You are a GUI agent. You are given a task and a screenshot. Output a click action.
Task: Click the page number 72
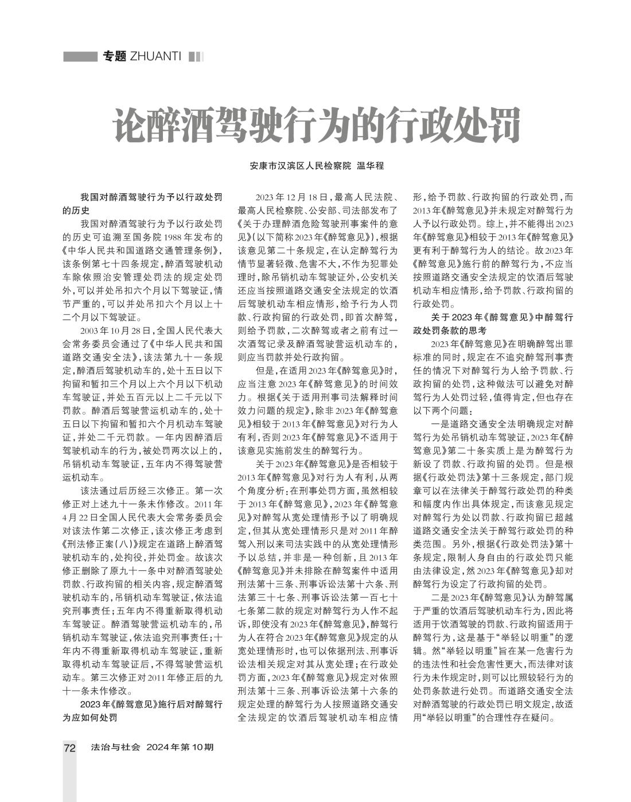[x=69, y=748]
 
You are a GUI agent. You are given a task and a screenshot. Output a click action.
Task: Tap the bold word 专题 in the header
[x=114, y=56]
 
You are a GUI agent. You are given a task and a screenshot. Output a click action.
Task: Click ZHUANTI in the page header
[x=155, y=56]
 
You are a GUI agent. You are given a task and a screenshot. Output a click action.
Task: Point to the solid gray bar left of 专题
[x=80, y=56]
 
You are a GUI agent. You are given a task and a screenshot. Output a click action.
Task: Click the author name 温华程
[x=371, y=166]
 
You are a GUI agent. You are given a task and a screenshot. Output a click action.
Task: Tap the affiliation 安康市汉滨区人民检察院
[x=300, y=166]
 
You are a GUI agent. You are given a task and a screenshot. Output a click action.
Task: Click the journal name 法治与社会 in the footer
[x=115, y=748]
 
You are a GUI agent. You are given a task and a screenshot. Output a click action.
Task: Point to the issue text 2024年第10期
[x=180, y=748]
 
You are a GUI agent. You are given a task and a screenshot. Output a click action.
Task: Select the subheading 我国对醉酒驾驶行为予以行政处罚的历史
[x=142, y=203]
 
